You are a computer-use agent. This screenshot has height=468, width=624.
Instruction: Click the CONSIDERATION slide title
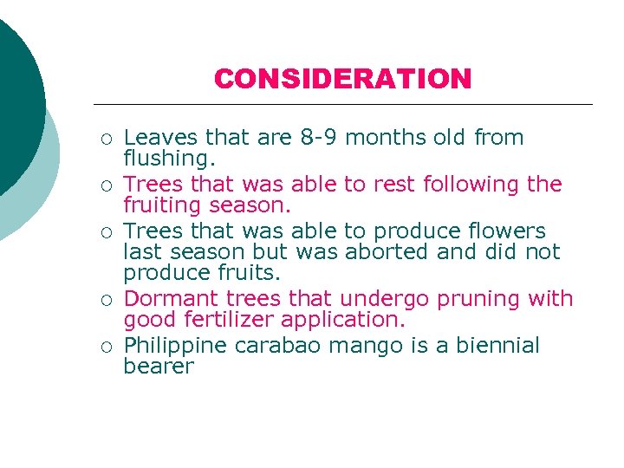point(342,79)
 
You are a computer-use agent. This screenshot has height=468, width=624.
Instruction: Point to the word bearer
point(159,367)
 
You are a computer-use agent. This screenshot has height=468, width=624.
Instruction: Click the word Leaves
point(153,138)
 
